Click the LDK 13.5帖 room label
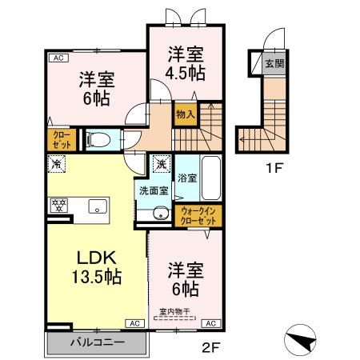[98, 267]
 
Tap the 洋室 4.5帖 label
[186, 62]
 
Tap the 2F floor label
[210, 346]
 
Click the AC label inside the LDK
[133, 322]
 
